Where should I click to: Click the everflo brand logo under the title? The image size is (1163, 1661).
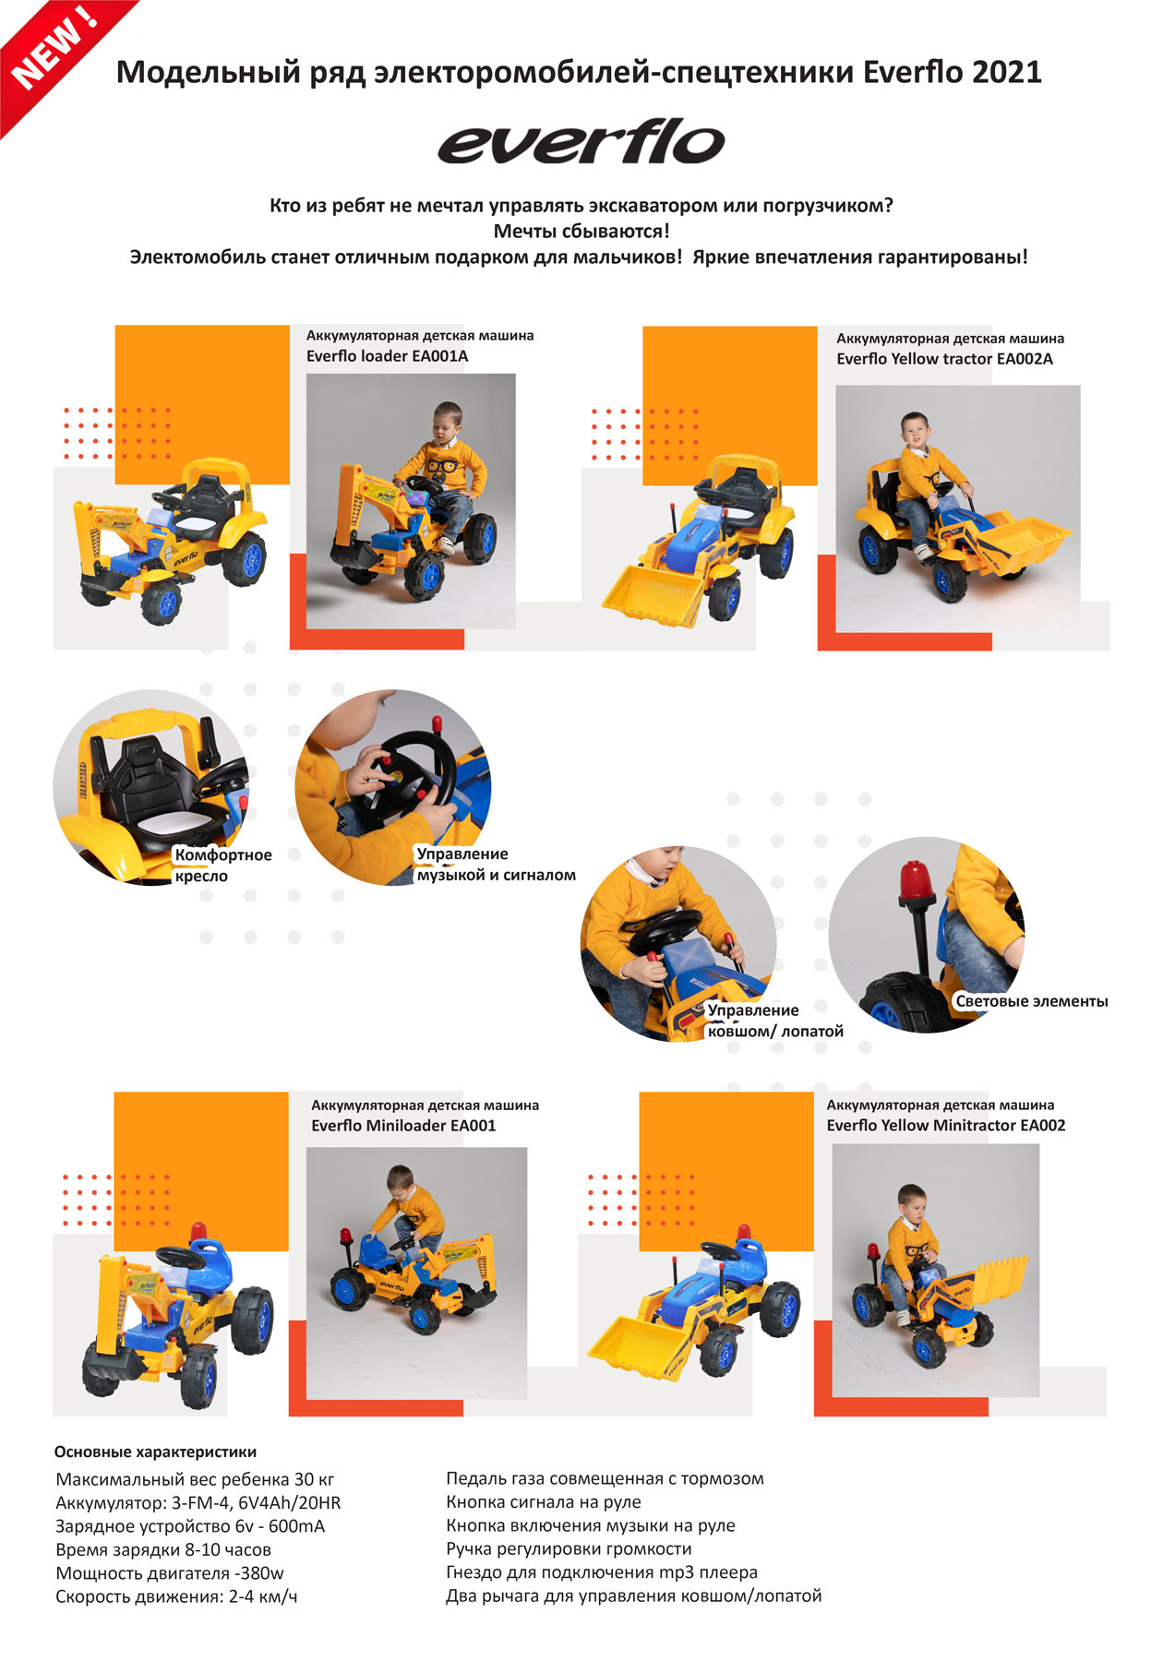(x=581, y=142)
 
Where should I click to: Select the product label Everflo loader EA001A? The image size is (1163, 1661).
(x=387, y=356)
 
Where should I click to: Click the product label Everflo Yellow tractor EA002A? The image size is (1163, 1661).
(x=944, y=359)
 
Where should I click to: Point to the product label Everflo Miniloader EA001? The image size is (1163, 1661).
(x=403, y=1126)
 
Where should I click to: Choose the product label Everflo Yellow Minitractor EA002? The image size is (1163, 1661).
(x=946, y=1126)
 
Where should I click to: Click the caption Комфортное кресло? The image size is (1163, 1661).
(x=223, y=866)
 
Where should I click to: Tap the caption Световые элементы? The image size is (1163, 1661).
(x=1032, y=1001)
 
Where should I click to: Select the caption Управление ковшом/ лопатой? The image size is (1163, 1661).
(x=775, y=1021)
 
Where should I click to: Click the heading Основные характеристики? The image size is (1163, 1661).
(x=155, y=1452)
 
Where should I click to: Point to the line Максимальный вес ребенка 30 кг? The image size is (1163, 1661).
(x=195, y=1479)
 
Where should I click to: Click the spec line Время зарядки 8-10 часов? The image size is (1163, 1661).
(x=163, y=1549)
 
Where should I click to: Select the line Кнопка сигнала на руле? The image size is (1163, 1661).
(x=544, y=1502)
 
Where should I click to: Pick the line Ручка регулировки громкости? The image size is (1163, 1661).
(x=569, y=1549)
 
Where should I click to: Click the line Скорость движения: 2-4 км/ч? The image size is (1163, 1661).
(x=176, y=1596)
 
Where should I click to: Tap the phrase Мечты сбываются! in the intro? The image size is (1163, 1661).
(x=581, y=231)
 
